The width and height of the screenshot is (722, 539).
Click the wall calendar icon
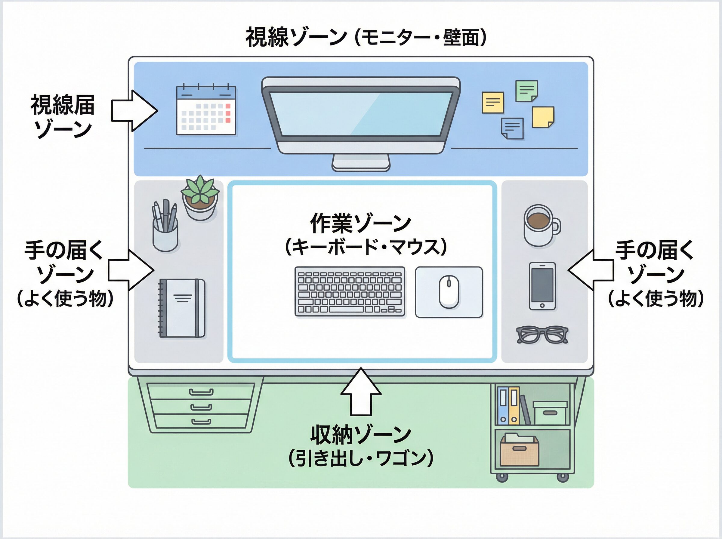tap(206, 110)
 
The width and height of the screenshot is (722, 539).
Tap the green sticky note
tap(526, 91)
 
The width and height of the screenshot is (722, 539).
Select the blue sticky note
tap(513, 128)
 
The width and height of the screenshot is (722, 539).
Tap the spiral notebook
tap(182, 308)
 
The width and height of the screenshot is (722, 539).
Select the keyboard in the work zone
tap(350, 291)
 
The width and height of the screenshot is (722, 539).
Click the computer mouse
tap(449, 291)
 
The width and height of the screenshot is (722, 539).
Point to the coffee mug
tap(540, 225)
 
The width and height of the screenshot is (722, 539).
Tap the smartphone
tap(542, 286)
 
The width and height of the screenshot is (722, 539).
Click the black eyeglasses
tap(542, 334)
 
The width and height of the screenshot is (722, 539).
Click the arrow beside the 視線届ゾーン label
tap(134, 111)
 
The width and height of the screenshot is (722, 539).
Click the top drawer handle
tap(201, 392)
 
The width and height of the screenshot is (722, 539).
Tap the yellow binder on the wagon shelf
tap(514, 405)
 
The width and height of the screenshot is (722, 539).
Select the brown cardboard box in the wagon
tap(520, 451)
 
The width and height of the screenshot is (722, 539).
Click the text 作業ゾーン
tap(360, 223)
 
